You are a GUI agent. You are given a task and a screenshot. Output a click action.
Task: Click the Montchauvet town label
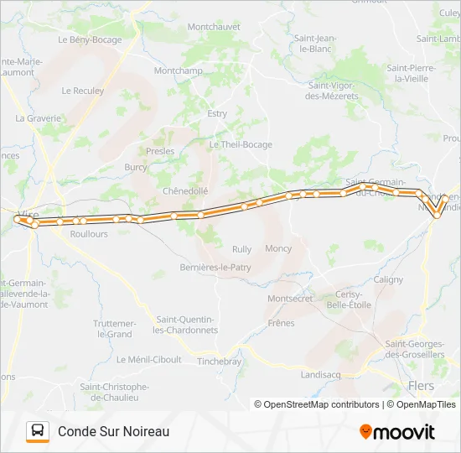point(213,27)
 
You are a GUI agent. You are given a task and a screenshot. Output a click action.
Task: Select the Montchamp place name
point(179,70)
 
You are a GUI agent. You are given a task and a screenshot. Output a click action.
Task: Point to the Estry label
point(217,113)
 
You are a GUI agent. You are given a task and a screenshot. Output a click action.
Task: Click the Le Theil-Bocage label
point(241,144)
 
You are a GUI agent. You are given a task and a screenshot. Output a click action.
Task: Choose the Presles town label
point(160,152)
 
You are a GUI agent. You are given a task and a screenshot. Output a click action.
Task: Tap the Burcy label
point(136,167)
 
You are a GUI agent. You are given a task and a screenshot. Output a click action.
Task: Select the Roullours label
point(90,235)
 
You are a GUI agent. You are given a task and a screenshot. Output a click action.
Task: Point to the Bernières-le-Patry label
point(215,268)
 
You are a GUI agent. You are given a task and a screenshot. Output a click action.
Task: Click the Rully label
point(241,249)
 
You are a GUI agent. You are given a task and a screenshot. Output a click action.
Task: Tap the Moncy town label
point(278,249)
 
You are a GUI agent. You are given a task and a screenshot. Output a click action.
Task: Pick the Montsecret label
point(289,299)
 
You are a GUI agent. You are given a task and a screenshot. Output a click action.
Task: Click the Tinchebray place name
point(219,362)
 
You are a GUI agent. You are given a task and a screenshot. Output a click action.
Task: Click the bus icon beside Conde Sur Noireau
point(38,431)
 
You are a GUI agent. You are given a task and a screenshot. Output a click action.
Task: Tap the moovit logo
point(397,432)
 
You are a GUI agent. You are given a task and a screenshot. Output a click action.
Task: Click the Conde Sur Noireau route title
point(114,431)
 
